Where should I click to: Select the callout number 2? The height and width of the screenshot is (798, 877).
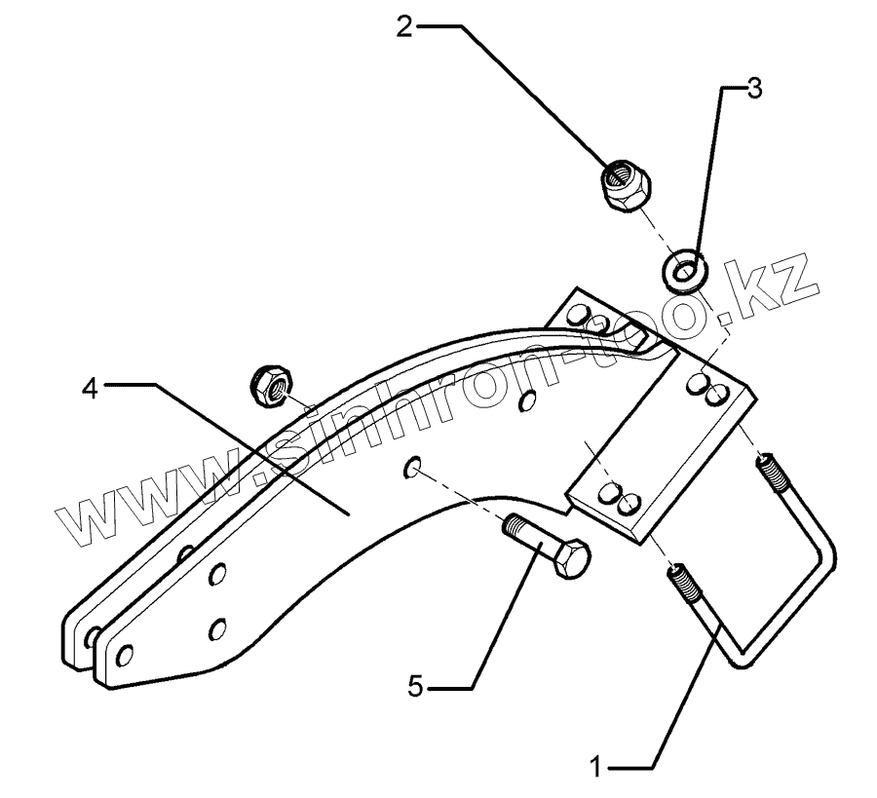[405, 25]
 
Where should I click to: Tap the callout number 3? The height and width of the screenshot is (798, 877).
[753, 89]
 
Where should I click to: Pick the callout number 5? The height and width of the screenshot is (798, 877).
[416, 688]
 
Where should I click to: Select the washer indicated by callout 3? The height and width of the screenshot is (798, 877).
[681, 269]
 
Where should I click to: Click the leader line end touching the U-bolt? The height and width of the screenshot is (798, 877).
[722, 632]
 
